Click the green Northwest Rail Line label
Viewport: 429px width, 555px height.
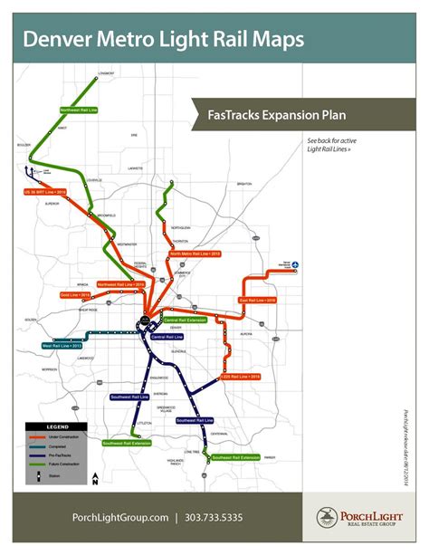point(80,110)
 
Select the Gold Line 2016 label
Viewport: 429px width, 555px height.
point(75,295)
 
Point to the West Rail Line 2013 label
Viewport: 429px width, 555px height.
point(62,345)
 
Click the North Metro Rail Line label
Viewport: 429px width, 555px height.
point(195,254)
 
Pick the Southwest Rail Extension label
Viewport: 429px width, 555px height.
point(127,443)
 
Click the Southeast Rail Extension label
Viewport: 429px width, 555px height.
point(236,459)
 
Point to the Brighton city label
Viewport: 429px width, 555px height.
point(243,184)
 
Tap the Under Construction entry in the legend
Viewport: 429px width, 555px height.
point(66,435)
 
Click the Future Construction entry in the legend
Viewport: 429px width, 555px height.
point(66,463)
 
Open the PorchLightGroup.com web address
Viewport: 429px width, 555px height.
point(120,517)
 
